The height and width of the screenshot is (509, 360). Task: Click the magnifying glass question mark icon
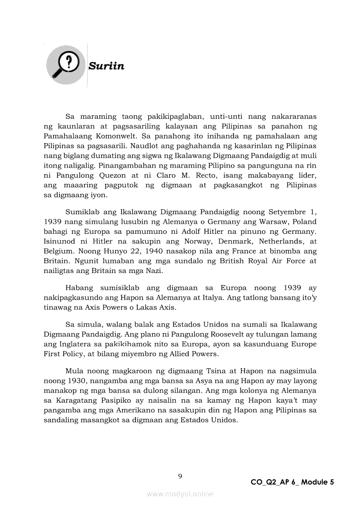click(x=65, y=65)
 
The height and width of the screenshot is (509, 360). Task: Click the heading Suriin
click(x=106, y=66)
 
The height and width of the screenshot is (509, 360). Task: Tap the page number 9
click(x=180, y=476)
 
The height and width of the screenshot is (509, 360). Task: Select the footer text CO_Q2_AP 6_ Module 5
click(x=292, y=482)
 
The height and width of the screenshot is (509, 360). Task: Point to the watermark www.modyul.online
click(x=180, y=494)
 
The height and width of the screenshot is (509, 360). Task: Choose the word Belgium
click(x=58, y=251)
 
